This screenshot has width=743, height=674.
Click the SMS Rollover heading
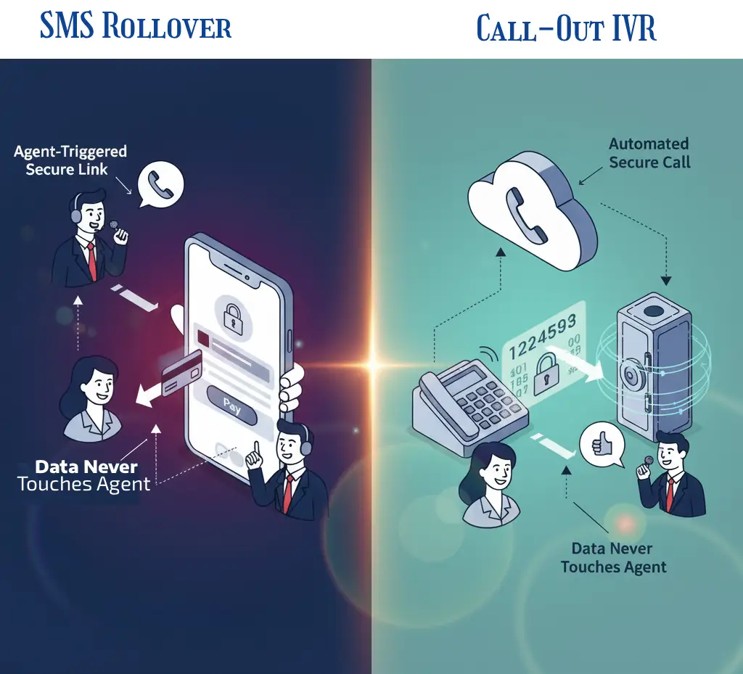click(x=136, y=27)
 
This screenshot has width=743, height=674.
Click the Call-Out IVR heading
click(x=566, y=28)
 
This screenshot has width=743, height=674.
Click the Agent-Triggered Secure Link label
click(x=70, y=160)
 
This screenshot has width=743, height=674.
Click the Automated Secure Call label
click(x=649, y=153)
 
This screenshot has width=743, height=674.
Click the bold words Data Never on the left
click(x=86, y=467)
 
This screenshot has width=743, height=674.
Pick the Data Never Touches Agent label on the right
click(x=613, y=557)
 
